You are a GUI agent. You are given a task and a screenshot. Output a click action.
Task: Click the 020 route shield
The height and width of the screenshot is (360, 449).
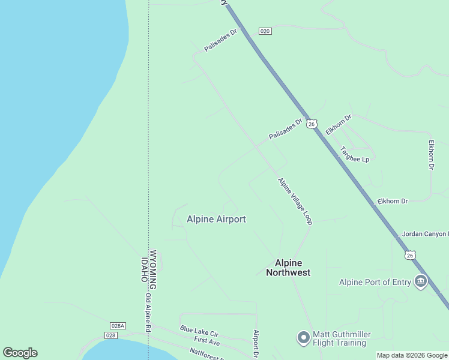click(265, 31)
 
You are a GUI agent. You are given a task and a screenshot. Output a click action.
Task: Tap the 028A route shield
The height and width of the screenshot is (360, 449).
click(118, 326)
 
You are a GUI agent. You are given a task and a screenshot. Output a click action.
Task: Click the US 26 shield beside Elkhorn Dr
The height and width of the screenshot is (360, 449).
click(311, 124)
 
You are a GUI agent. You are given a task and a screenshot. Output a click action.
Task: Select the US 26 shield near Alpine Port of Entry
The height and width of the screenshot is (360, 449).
click(409, 255)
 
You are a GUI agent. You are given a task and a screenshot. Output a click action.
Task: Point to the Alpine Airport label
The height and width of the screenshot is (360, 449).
click(216, 219)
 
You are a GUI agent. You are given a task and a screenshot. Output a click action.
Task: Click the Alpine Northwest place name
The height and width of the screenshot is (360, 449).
click(292, 268)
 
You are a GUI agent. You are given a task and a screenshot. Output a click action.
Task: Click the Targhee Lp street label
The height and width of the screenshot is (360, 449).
click(354, 154)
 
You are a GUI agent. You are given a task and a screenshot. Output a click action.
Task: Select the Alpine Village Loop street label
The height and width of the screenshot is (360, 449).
click(295, 200)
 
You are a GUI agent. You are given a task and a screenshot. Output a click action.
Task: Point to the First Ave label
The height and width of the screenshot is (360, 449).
click(206, 341)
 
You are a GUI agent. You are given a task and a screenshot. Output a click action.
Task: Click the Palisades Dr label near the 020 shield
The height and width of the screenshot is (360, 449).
click(221, 41)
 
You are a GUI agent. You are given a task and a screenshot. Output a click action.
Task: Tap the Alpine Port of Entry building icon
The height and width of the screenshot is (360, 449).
click(420, 282)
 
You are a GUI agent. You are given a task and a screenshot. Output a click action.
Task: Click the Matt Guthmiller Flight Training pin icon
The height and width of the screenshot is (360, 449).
click(304, 338)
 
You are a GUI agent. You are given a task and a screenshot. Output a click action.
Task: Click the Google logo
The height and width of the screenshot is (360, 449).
click(20, 353)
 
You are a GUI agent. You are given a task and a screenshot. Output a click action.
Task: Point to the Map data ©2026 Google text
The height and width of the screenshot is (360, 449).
click(412, 356)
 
